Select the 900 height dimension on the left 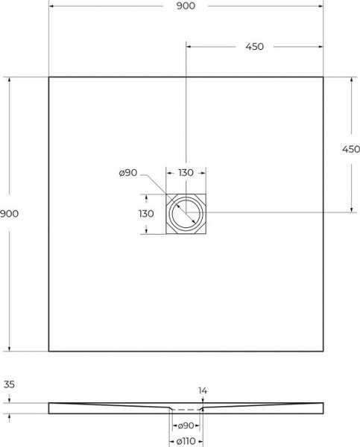pos(10,214)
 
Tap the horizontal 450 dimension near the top pos(254,46)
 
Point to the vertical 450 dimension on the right pos(350,149)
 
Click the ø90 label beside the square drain pos(127,173)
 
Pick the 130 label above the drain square pos(186,173)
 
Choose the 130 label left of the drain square pos(146,214)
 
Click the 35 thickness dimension pos(10,385)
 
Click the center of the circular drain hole pos(186,214)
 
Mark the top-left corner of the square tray pos(49,77)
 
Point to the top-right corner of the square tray pos(323,77)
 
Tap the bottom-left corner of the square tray pos(49,351)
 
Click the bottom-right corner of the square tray pos(323,351)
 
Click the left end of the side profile pos(50,408)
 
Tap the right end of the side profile pos(322,408)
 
